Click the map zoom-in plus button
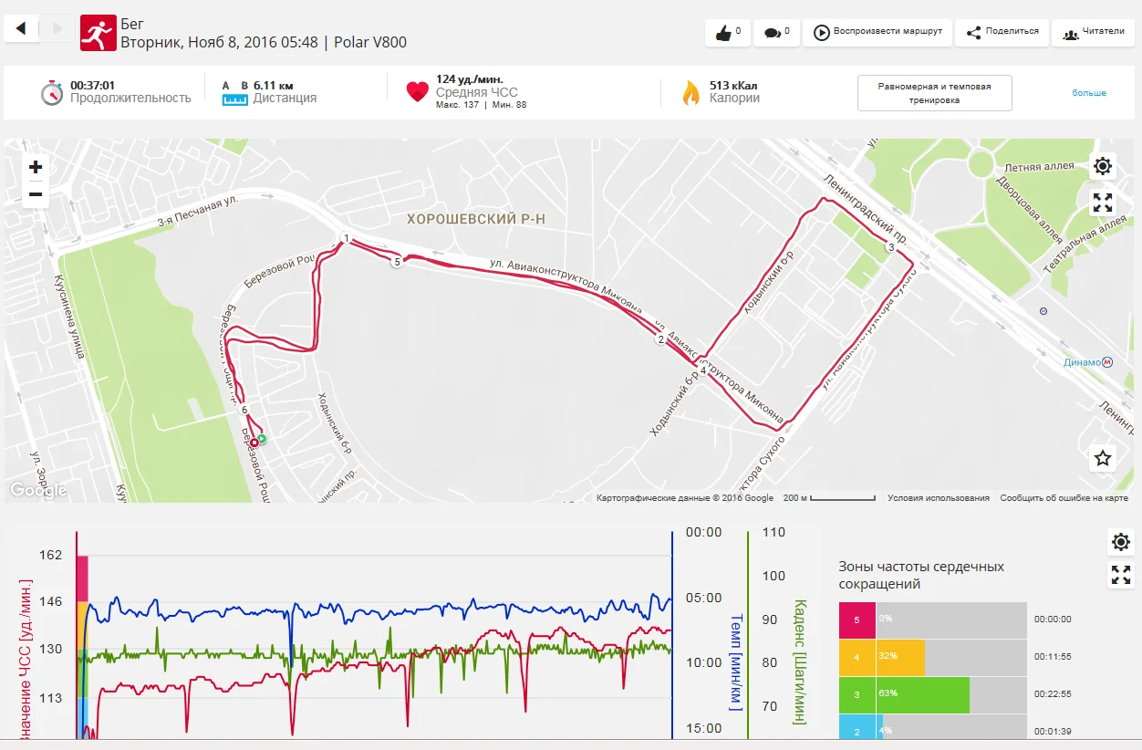click(36, 167)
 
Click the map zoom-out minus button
click(36, 193)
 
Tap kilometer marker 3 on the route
click(890, 247)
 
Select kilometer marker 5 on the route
click(396, 262)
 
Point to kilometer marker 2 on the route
click(660, 340)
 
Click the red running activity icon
click(98, 32)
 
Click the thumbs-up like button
click(727, 33)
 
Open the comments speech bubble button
click(776, 33)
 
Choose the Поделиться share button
click(1002, 32)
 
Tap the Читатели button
click(1093, 32)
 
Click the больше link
click(1089, 93)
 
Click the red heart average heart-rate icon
click(417, 91)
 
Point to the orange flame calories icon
click(690, 92)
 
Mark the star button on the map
click(1103, 458)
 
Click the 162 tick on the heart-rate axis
click(51, 555)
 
